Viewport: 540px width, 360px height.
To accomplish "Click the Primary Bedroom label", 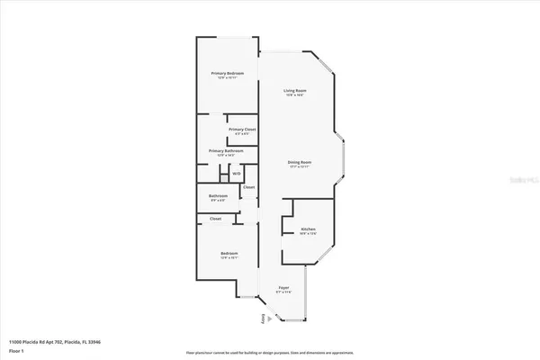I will click(228, 73).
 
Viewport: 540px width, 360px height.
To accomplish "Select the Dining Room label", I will click(300, 162).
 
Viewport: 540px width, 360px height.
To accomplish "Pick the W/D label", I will click(236, 174).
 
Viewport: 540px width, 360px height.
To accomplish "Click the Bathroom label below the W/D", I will click(219, 195).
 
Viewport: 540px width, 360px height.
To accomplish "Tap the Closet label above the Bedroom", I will click(216, 219).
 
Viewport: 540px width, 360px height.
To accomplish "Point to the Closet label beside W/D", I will click(248, 187).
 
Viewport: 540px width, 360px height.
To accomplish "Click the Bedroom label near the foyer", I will click(228, 254).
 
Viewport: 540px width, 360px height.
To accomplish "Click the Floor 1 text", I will click(16, 350).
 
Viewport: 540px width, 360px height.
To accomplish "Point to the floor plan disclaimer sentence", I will click(270, 352).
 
